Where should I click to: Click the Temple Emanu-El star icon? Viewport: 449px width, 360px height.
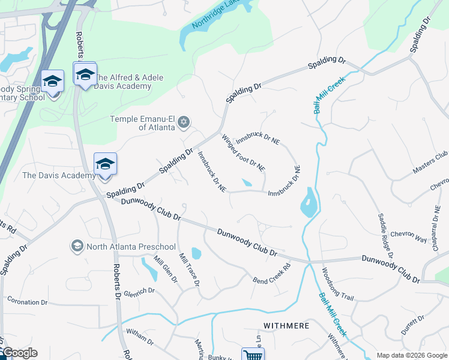[184, 123]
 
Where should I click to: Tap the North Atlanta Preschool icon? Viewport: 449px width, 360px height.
[77, 247]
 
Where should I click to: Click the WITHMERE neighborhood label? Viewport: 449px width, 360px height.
[286, 325]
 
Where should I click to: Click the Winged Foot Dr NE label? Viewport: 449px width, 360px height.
[243, 153]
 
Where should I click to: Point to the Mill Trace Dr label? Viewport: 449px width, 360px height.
[189, 268]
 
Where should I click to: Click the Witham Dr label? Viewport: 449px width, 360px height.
[139, 338]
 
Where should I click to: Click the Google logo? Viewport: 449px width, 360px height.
[19, 353]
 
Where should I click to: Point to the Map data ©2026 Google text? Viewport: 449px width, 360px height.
[411, 355]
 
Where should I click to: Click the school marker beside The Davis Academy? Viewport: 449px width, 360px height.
[105, 164]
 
